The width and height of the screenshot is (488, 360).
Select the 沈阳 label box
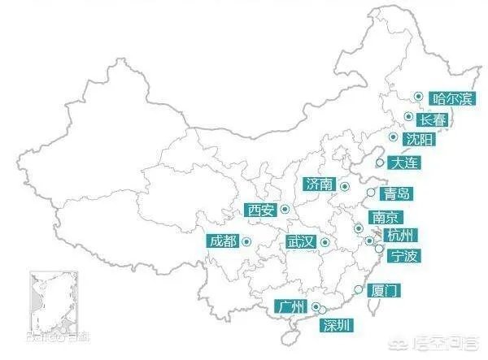point(421,140)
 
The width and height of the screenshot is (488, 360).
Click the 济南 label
point(319,184)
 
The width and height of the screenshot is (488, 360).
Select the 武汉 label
point(299,242)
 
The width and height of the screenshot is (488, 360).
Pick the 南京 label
point(384,218)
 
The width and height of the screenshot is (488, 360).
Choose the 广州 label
point(290,306)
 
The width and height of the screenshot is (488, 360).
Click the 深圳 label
point(338,326)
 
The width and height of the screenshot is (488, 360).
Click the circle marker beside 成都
point(246,240)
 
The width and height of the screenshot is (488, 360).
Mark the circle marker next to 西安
point(285,209)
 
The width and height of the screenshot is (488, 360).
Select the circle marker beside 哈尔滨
point(417,96)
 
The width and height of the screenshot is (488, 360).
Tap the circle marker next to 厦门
point(358,288)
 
